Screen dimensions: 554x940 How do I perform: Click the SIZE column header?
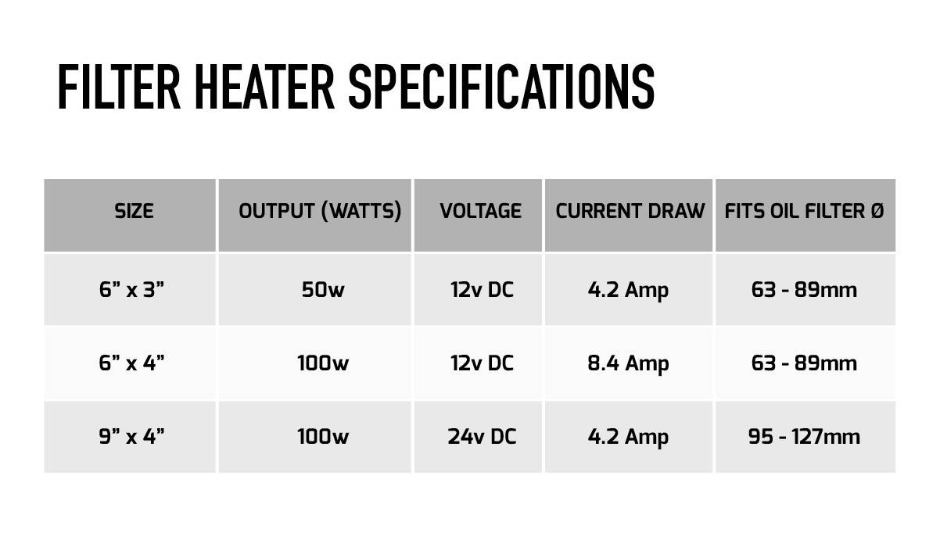coord(134,211)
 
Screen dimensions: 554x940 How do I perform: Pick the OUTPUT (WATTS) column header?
coord(320,211)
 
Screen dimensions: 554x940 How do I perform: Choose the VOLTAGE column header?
coord(480,211)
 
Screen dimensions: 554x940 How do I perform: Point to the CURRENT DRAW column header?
coord(630,211)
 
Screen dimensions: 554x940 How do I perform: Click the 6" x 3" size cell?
coord(131,290)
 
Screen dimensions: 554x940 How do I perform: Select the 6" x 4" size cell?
coord(131,363)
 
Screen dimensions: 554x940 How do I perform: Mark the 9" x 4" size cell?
coord(131,436)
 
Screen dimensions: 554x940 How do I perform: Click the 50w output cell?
coord(322,290)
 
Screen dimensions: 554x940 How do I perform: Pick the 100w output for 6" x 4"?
coord(322,363)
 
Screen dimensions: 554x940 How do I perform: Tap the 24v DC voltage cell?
coord(482,436)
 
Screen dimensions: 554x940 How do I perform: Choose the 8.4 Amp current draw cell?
coord(628,363)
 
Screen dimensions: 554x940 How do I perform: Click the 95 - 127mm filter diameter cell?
coord(804,436)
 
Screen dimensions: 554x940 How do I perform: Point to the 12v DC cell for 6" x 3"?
coord(482,290)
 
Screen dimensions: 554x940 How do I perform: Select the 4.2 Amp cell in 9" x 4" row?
coord(628,436)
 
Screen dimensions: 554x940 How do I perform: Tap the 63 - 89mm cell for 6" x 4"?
coord(804,363)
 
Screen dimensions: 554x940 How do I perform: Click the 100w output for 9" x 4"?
coord(322,436)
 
